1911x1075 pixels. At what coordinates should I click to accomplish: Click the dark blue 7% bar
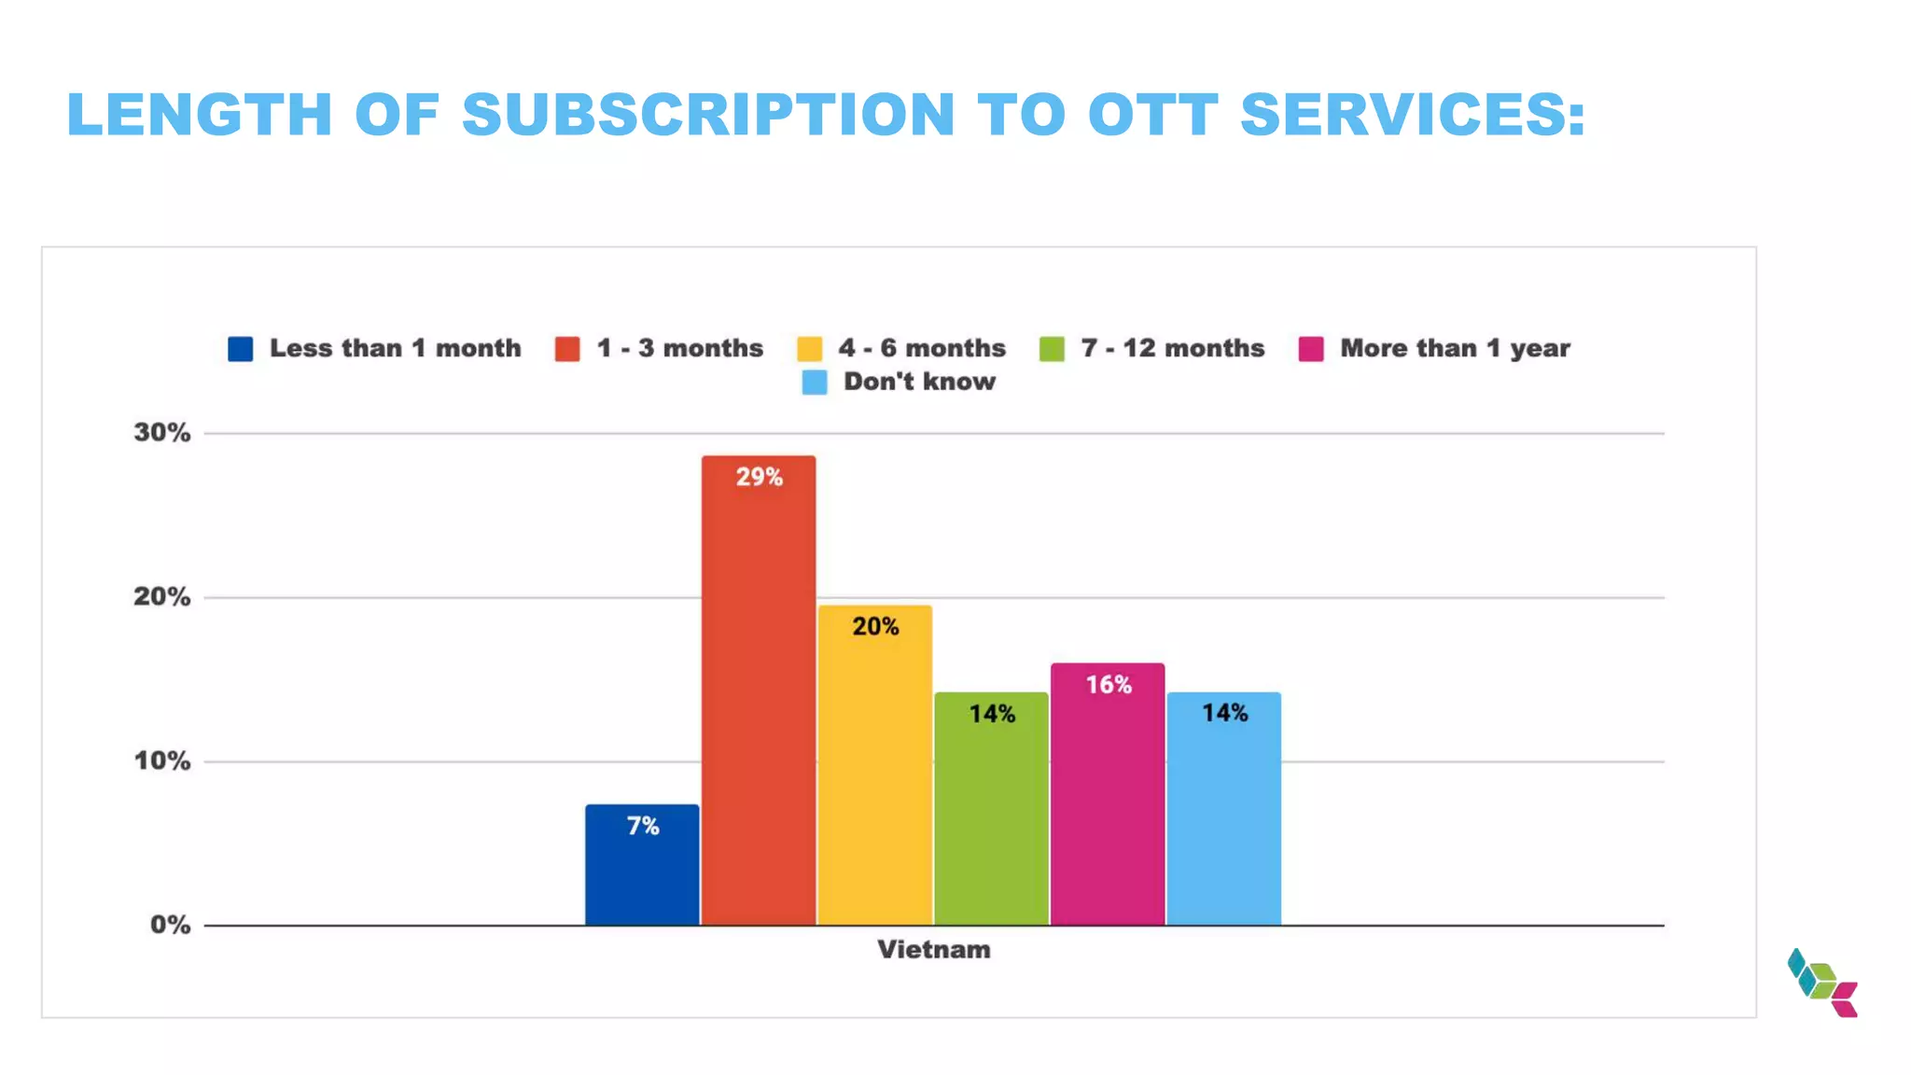coord(642,865)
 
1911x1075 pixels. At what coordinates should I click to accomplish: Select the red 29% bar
coord(759,691)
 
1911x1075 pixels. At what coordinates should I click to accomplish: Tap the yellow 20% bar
coord(875,765)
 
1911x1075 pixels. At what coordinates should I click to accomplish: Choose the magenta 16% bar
coord(1108,794)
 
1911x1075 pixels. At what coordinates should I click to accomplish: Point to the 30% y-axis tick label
coord(162,433)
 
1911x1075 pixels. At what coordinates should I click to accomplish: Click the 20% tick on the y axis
coord(162,597)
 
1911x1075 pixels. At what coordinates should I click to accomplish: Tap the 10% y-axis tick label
coord(162,761)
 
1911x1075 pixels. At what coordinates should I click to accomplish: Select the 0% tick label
coord(170,926)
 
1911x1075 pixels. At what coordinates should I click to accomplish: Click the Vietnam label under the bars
coord(933,950)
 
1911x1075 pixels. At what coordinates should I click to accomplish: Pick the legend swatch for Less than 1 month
coord(241,349)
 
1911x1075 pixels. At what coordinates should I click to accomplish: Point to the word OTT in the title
coord(1153,115)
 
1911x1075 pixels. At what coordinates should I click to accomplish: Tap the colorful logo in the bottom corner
coord(1822,983)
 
